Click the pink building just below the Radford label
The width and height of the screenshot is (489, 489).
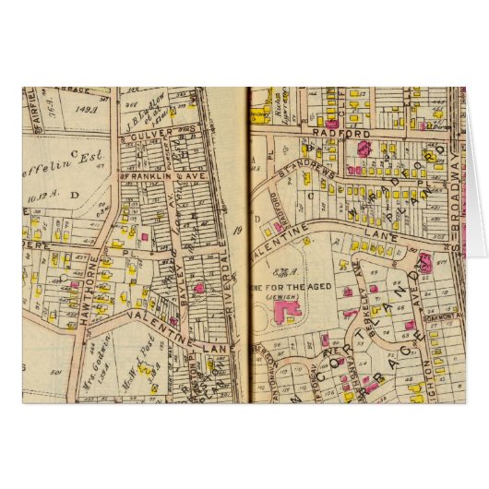click(x=364, y=147)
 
